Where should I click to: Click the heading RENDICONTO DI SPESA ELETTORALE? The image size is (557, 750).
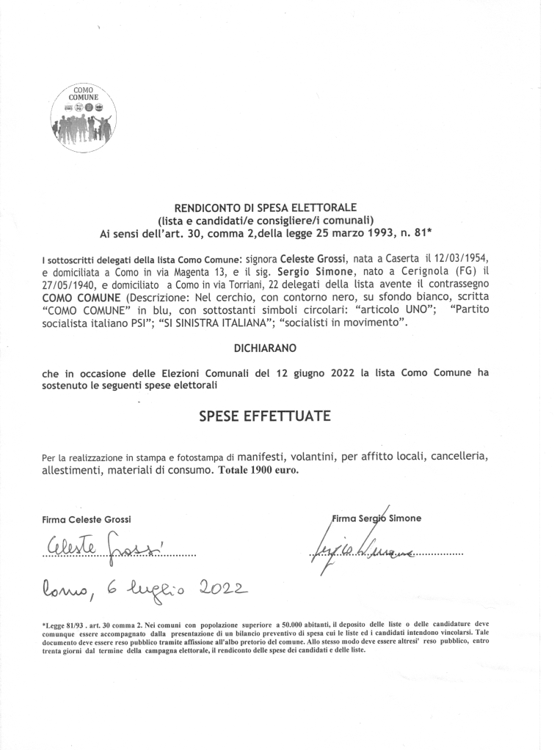click(x=265, y=208)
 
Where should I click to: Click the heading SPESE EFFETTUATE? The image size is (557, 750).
click(x=265, y=416)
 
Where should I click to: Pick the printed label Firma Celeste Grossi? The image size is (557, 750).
click(x=87, y=519)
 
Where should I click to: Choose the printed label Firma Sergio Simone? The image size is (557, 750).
click(x=377, y=518)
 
